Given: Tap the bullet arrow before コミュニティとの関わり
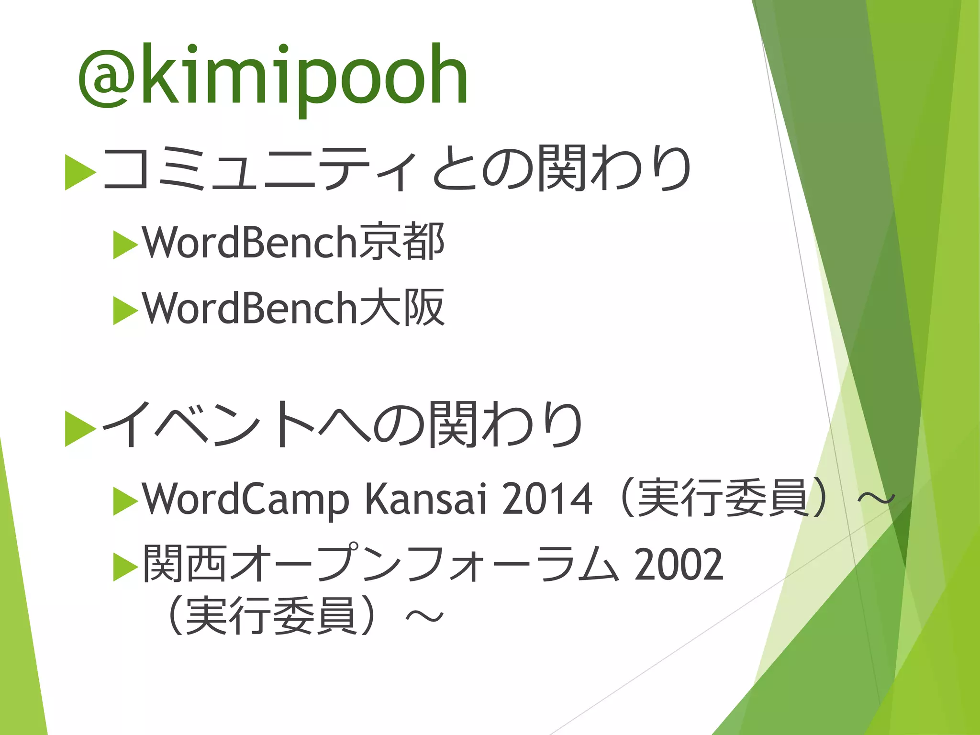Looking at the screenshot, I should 80,171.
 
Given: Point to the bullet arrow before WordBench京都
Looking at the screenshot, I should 125,245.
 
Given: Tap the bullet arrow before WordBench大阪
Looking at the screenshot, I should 125,311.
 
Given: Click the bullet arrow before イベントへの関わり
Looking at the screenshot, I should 80,428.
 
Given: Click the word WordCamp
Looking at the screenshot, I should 245,500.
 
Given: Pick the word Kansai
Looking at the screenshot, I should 426,499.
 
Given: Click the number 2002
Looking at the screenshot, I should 679,565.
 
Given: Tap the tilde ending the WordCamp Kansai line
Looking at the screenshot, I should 876,500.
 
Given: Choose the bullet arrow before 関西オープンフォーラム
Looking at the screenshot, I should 125,567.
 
